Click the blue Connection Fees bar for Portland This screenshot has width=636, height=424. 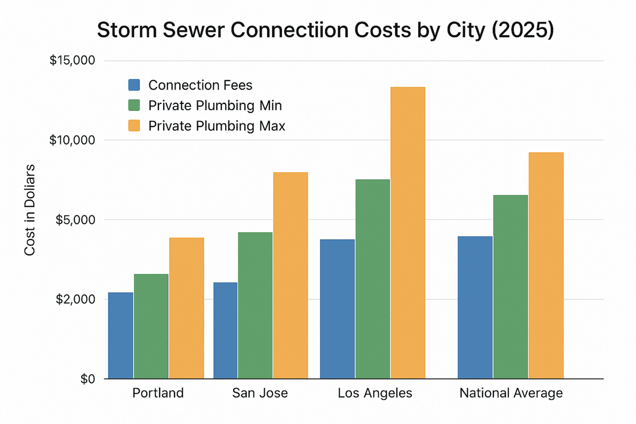[121, 335]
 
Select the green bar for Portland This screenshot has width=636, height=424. [151, 326]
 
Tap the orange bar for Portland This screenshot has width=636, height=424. [187, 308]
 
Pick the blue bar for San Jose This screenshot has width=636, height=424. [225, 330]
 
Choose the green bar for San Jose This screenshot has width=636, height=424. [255, 305]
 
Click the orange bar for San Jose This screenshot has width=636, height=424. [290, 276]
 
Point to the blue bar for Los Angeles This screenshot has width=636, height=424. [338, 309]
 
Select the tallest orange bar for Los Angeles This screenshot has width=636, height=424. [408, 233]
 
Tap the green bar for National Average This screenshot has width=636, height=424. [510, 287]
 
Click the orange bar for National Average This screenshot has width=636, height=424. [546, 266]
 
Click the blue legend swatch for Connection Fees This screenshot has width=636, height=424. [134, 85]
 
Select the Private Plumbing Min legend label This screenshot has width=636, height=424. [215, 105]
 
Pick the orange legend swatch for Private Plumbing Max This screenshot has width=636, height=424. [134, 126]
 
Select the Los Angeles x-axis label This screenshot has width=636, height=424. [375, 394]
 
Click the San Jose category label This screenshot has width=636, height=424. [260, 394]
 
